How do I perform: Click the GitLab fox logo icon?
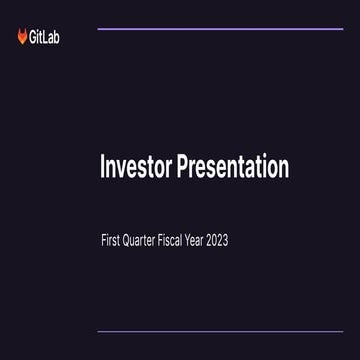23,37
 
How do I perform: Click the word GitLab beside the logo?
45,38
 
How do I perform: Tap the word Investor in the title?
135,167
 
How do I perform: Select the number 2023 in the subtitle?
256,240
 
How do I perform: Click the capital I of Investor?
102,167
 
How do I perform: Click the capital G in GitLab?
34,38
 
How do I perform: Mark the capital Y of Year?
214,240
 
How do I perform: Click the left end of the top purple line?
98,29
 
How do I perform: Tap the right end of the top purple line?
342,29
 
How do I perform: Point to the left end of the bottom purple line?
98,331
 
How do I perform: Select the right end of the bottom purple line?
342,331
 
